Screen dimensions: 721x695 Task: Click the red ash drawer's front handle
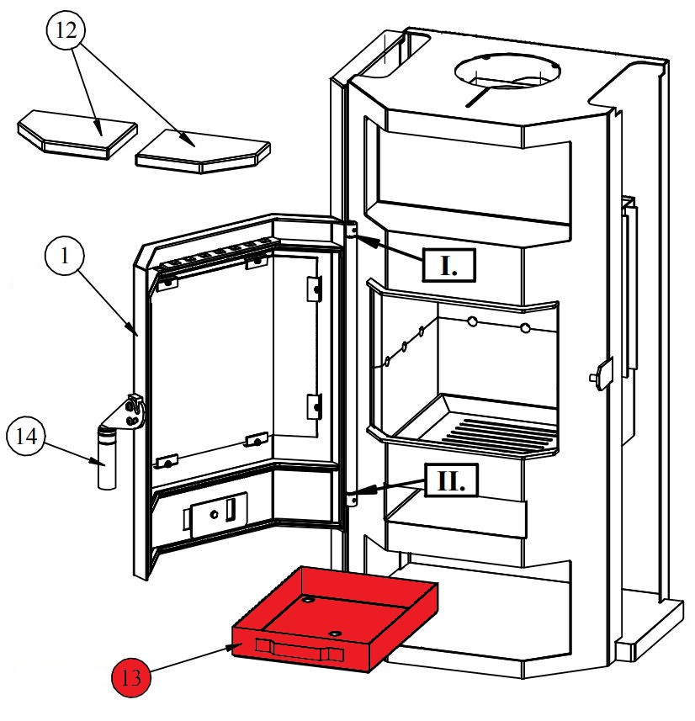pyautogui.click(x=299, y=650)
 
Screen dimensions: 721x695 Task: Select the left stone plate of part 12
pyautogui.click(x=77, y=130)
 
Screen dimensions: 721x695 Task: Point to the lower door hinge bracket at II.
pyautogui.click(x=351, y=500)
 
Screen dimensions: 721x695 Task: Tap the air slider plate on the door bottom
pyautogui.click(x=217, y=513)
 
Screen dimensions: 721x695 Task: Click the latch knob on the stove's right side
pyautogui.click(x=600, y=372)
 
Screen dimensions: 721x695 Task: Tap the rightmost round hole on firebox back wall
pyautogui.click(x=526, y=326)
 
